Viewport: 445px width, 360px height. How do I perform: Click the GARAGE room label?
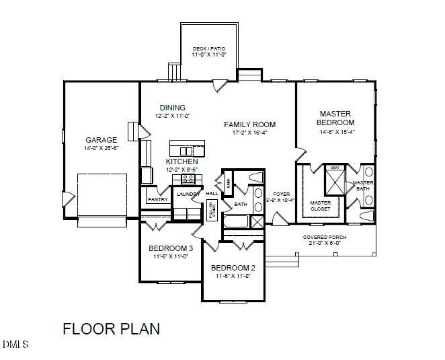101,140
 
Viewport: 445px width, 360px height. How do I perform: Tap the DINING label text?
173,108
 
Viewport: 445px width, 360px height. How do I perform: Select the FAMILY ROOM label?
250,124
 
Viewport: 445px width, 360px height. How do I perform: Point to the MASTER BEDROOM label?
336,118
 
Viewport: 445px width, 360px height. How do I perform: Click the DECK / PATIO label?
209,49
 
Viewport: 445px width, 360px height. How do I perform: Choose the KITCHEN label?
182,162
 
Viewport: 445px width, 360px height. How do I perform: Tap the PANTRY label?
158,200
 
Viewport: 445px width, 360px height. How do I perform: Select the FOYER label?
281,194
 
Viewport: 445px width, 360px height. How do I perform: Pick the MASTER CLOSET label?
320,205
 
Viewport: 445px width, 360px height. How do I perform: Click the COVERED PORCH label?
325,238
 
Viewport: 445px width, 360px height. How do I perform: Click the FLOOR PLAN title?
112,329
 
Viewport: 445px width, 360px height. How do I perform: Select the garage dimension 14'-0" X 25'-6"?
101,148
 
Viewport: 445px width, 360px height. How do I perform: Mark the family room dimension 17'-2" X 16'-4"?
250,133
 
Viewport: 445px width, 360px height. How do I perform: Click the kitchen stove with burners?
188,180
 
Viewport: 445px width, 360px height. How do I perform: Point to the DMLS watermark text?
15,345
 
